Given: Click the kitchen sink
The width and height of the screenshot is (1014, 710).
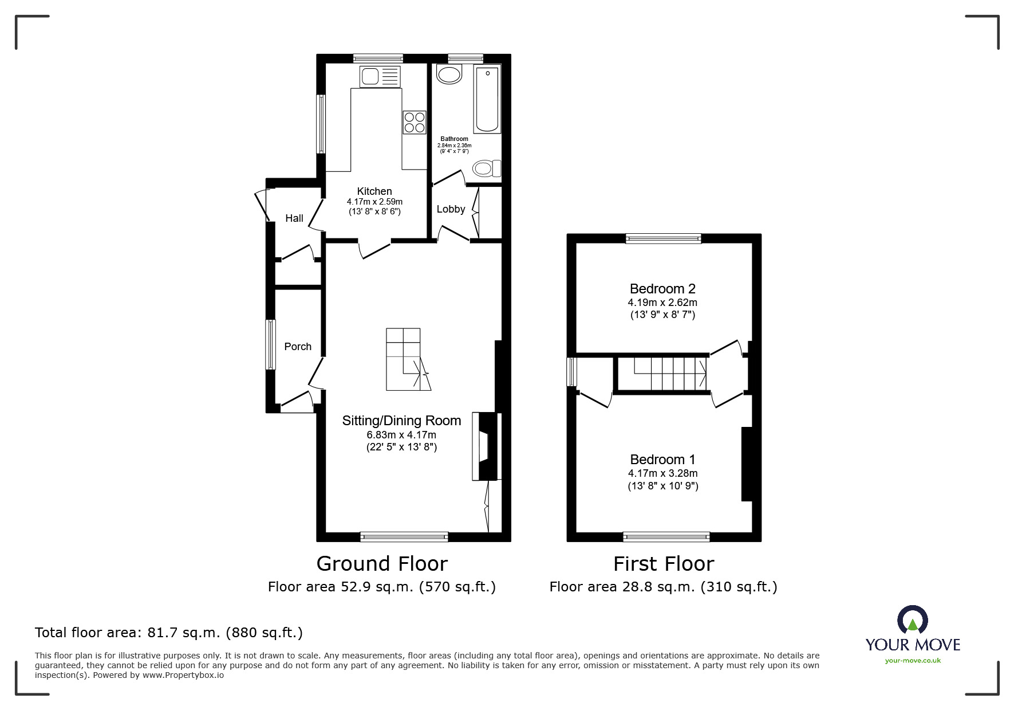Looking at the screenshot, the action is tap(380, 76).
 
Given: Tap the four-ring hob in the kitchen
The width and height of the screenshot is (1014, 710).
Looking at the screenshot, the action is tap(415, 121).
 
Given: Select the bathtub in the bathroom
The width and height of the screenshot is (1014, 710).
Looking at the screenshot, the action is tap(487, 99).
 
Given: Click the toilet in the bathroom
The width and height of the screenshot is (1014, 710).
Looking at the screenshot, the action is tap(486, 168).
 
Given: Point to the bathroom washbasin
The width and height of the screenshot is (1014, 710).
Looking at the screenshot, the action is tap(449, 74).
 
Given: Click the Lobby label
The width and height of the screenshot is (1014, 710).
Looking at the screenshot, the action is tap(451, 209).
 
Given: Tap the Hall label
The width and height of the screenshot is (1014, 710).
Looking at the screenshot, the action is tap(294, 218).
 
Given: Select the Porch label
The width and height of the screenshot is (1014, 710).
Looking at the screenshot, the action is tap(298, 347).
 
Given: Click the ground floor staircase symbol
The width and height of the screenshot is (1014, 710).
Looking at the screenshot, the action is tap(407, 360).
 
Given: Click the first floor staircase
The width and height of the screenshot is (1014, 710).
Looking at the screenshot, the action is tap(670, 374).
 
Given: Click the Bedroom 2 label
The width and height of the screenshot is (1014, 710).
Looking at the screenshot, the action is tap(662, 289).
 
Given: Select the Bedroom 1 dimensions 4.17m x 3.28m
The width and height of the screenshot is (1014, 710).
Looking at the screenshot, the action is tap(662, 473).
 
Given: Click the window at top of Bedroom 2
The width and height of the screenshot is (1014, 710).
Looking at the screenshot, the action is tap(663, 238).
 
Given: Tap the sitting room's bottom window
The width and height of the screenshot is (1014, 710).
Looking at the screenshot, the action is tap(404, 537).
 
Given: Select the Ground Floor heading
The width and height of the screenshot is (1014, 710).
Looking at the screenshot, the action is tap(382, 564).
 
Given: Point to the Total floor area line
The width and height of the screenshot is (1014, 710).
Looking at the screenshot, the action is tap(169, 633).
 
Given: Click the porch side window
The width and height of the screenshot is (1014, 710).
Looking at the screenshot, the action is tap(270, 344).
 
